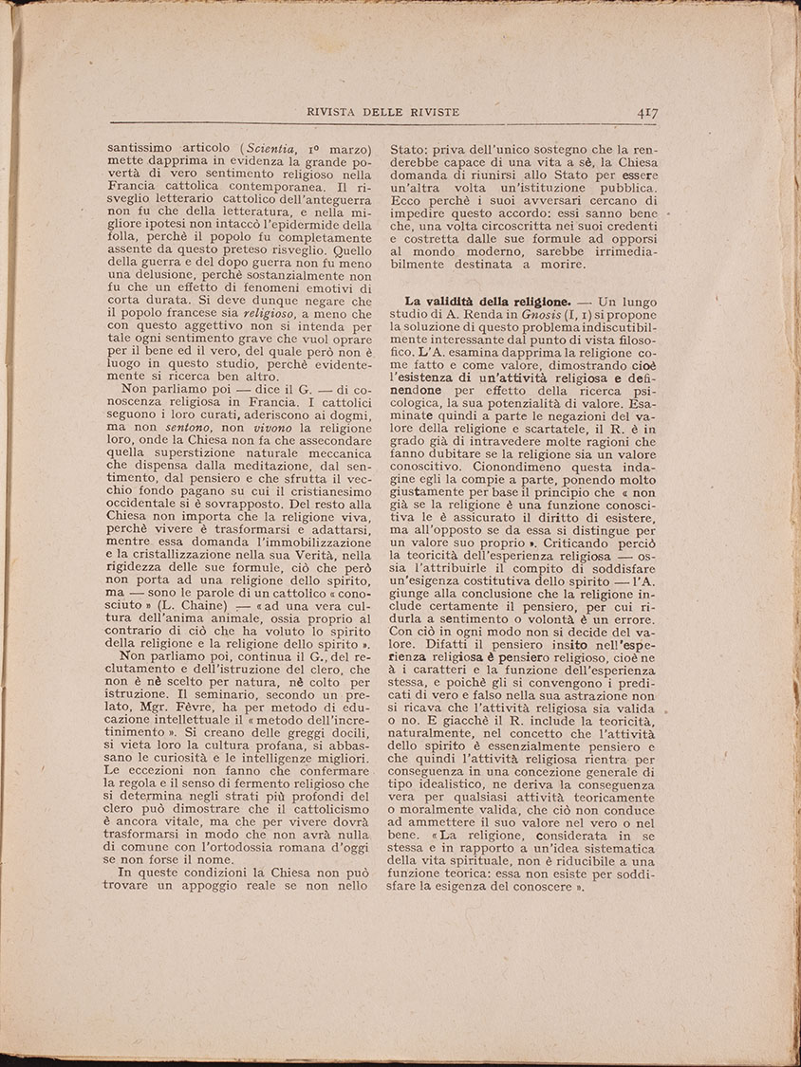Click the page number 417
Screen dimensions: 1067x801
tap(648, 112)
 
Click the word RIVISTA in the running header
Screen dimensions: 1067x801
tap(337, 112)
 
